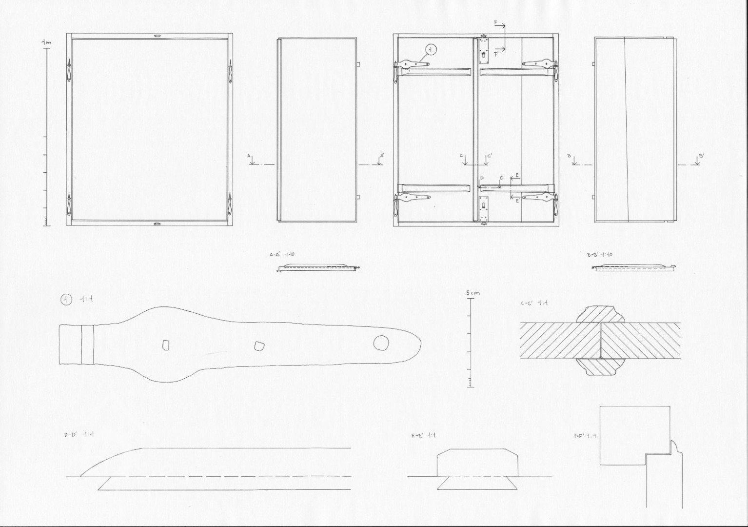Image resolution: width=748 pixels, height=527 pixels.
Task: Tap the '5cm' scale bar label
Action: (x=472, y=293)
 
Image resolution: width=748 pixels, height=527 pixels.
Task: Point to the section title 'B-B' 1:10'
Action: (x=600, y=255)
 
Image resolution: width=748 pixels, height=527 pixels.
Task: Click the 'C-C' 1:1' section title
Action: (x=534, y=303)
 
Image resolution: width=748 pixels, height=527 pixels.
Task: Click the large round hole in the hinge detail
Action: (x=381, y=343)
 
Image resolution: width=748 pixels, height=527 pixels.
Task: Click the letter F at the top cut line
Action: (x=495, y=23)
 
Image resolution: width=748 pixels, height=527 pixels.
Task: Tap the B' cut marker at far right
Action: (x=701, y=156)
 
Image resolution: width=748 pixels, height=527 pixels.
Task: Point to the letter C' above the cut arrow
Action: (x=489, y=156)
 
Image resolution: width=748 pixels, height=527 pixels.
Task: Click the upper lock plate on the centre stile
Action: (x=484, y=52)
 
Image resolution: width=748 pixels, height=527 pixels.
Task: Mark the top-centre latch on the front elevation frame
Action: (x=157, y=36)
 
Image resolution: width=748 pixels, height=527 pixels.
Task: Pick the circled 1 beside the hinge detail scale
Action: (x=66, y=300)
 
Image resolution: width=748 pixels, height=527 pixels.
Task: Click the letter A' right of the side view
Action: (x=383, y=156)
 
